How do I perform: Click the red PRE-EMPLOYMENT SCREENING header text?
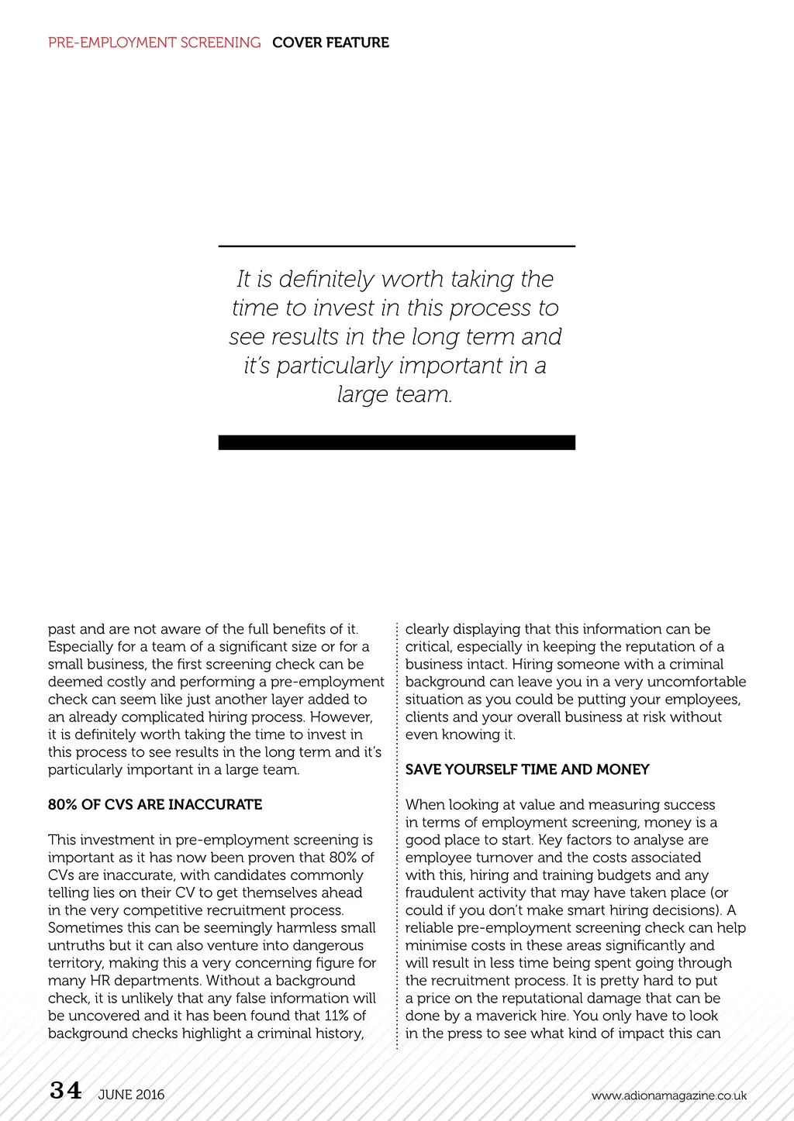pyautogui.click(x=154, y=43)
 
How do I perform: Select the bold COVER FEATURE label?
pyautogui.click(x=330, y=43)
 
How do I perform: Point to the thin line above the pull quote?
pyautogui.click(x=396, y=246)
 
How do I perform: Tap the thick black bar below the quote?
pyautogui.click(x=396, y=442)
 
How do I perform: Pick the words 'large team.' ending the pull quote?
pyautogui.click(x=395, y=394)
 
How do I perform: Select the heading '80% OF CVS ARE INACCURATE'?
pyautogui.click(x=155, y=804)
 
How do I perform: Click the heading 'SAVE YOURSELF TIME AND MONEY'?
pyautogui.click(x=527, y=769)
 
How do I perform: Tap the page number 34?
pyautogui.click(x=66, y=1091)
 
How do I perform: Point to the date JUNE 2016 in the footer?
pyautogui.click(x=131, y=1095)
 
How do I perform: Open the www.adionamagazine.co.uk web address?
pyautogui.click(x=668, y=1095)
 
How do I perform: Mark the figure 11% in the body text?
pyautogui.click(x=335, y=1016)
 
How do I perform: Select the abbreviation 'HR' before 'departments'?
pyautogui.click(x=100, y=981)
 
